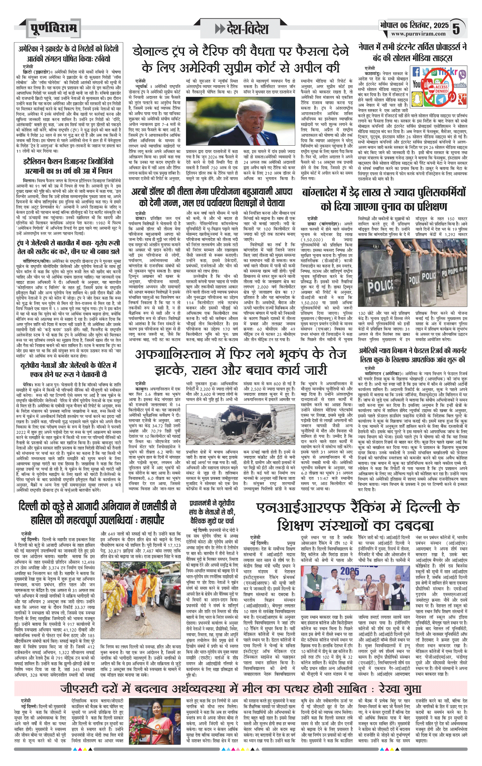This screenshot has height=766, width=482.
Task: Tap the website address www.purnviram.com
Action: (418, 34)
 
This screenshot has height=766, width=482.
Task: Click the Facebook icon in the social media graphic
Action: (416, 72)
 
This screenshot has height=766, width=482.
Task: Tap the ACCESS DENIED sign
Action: (441, 89)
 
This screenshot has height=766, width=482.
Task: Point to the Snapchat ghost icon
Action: (416, 99)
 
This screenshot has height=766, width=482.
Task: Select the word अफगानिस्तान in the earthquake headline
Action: (173, 354)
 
